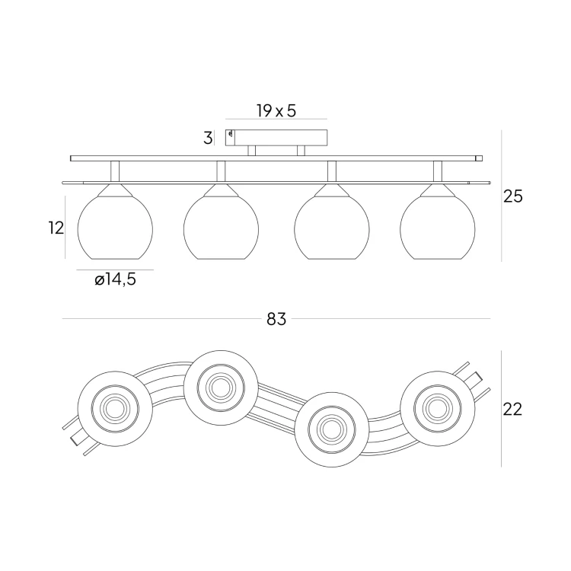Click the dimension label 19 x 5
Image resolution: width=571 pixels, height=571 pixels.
click(276, 111)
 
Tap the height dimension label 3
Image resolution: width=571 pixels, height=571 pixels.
click(207, 139)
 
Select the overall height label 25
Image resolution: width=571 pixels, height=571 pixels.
click(513, 196)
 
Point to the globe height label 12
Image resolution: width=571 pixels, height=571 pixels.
click(54, 228)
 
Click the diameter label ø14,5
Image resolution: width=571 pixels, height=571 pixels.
click(116, 280)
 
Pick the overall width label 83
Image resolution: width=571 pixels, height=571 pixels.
click(276, 320)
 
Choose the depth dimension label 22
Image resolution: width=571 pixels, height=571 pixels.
click(512, 409)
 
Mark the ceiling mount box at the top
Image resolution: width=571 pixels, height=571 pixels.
click(277, 138)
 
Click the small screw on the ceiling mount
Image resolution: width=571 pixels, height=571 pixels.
click(230, 136)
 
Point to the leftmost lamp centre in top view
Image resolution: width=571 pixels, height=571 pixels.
click(116, 408)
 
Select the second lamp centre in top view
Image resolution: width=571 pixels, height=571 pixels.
click(222, 387)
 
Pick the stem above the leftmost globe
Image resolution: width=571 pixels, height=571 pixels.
click(116, 171)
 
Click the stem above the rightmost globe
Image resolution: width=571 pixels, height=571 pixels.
click(438, 171)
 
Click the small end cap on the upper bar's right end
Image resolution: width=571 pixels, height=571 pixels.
click(478, 158)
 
